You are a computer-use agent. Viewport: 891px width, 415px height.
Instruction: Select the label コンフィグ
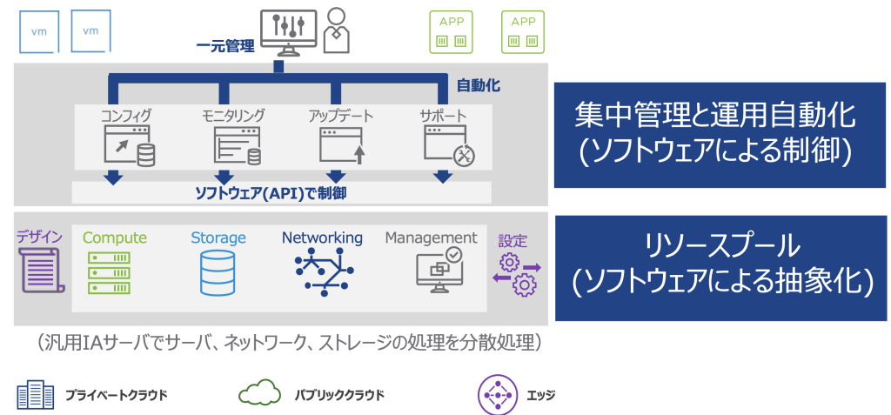point(125,115)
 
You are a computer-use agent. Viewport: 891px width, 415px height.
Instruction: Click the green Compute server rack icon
point(109,272)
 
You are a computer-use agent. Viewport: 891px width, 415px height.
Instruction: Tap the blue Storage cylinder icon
point(218,272)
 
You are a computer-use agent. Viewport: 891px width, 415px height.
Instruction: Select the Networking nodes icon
point(323,271)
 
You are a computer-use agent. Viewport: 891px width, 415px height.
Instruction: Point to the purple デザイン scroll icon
point(39,270)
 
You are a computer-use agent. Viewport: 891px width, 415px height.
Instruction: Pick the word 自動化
point(479,86)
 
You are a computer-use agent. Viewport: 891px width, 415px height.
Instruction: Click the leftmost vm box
point(39,32)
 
